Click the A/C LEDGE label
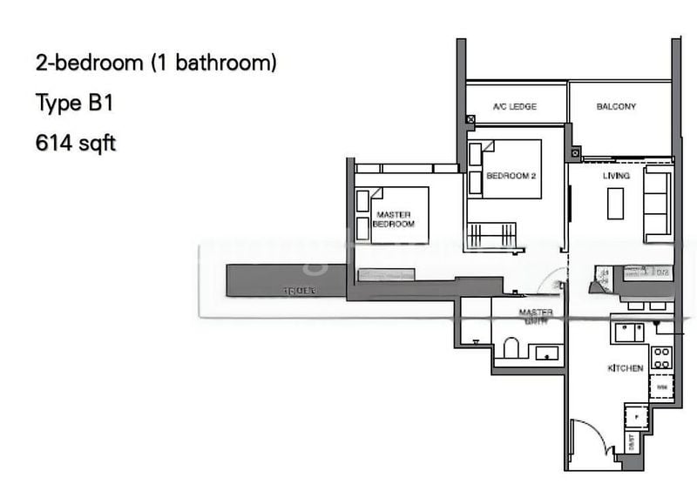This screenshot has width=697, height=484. (x=514, y=107)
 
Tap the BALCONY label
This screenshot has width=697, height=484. (x=616, y=107)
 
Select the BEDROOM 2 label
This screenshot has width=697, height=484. (x=511, y=176)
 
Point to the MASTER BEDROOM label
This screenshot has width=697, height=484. (x=394, y=218)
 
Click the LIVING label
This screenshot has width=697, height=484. (x=616, y=176)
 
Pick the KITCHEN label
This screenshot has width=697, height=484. (x=626, y=368)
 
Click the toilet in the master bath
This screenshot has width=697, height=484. (x=511, y=349)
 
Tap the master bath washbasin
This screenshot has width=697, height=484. (x=548, y=353)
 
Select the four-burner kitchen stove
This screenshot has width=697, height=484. (x=661, y=356)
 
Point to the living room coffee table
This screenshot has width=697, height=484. (x=616, y=204)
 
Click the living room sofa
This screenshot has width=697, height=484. (x=658, y=205)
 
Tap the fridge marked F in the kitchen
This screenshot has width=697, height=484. (x=638, y=417)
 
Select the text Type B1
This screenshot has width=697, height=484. (x=75, y=104)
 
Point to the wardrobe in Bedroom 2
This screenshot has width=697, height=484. (x=491, y=235)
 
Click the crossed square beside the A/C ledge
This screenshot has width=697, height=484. (x=470, y=120)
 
